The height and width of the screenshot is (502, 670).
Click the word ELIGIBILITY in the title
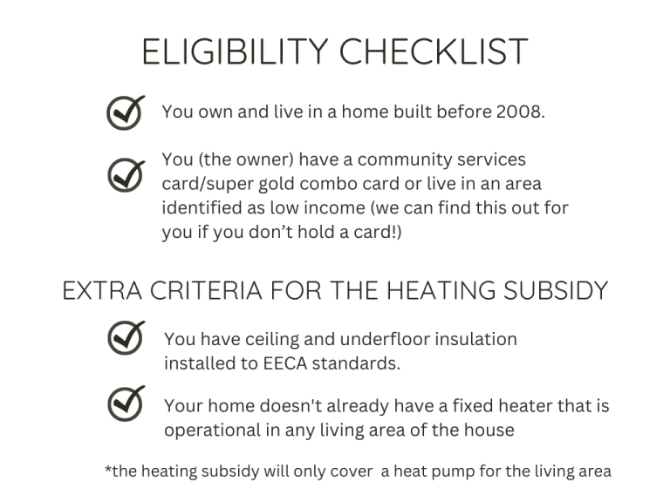pos(235,51)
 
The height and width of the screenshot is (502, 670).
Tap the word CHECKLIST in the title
pos(434,51)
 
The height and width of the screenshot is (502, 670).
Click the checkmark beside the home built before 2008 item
pos(126,112)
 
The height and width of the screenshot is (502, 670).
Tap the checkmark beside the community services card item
pos(126,175)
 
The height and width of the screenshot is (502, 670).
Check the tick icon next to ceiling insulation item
pos(126,337)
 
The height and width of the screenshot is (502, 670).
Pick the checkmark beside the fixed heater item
pos(126,404)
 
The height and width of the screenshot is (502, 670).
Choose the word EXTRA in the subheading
pos(102,291)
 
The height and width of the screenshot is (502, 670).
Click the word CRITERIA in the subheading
pos(206,291)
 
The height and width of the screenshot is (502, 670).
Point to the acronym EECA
pos(285,363)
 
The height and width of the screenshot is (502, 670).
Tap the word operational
pos(212,431)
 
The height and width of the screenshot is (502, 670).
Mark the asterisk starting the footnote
pos(108,469)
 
